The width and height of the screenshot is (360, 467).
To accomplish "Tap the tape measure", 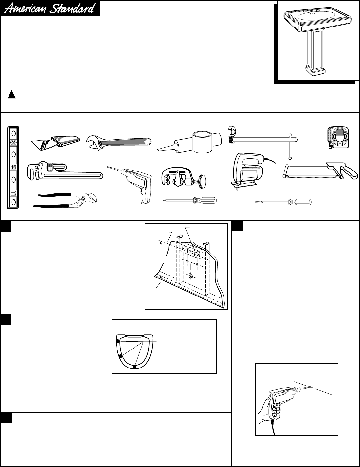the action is click(338, 138).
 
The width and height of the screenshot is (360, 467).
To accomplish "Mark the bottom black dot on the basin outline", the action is click(134, 367).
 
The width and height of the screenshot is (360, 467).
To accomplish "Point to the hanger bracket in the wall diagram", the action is click(191, 251).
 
